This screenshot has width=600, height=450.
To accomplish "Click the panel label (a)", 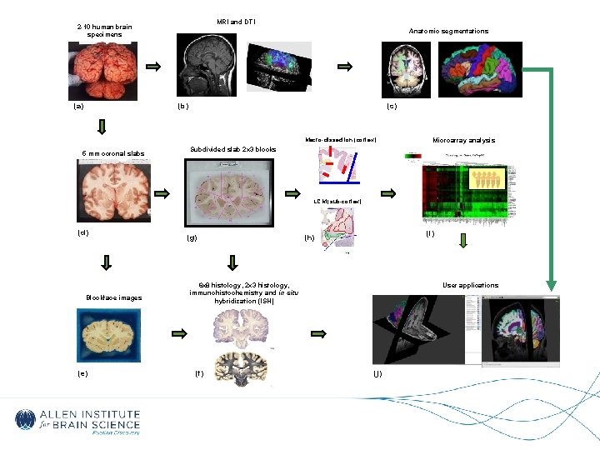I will click(78, 107).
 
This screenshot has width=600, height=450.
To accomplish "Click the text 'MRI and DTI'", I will click(236, 21).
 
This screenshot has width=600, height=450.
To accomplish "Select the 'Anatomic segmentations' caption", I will click(448, 31).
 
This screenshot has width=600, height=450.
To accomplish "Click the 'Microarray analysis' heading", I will click(463, 140).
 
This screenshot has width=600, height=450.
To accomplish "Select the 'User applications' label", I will click(471, 285).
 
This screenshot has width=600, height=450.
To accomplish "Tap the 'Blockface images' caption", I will click(113, 297).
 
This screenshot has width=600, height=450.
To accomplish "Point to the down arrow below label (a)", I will click(102, 127).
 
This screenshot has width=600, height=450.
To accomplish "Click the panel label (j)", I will click(377, 374).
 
